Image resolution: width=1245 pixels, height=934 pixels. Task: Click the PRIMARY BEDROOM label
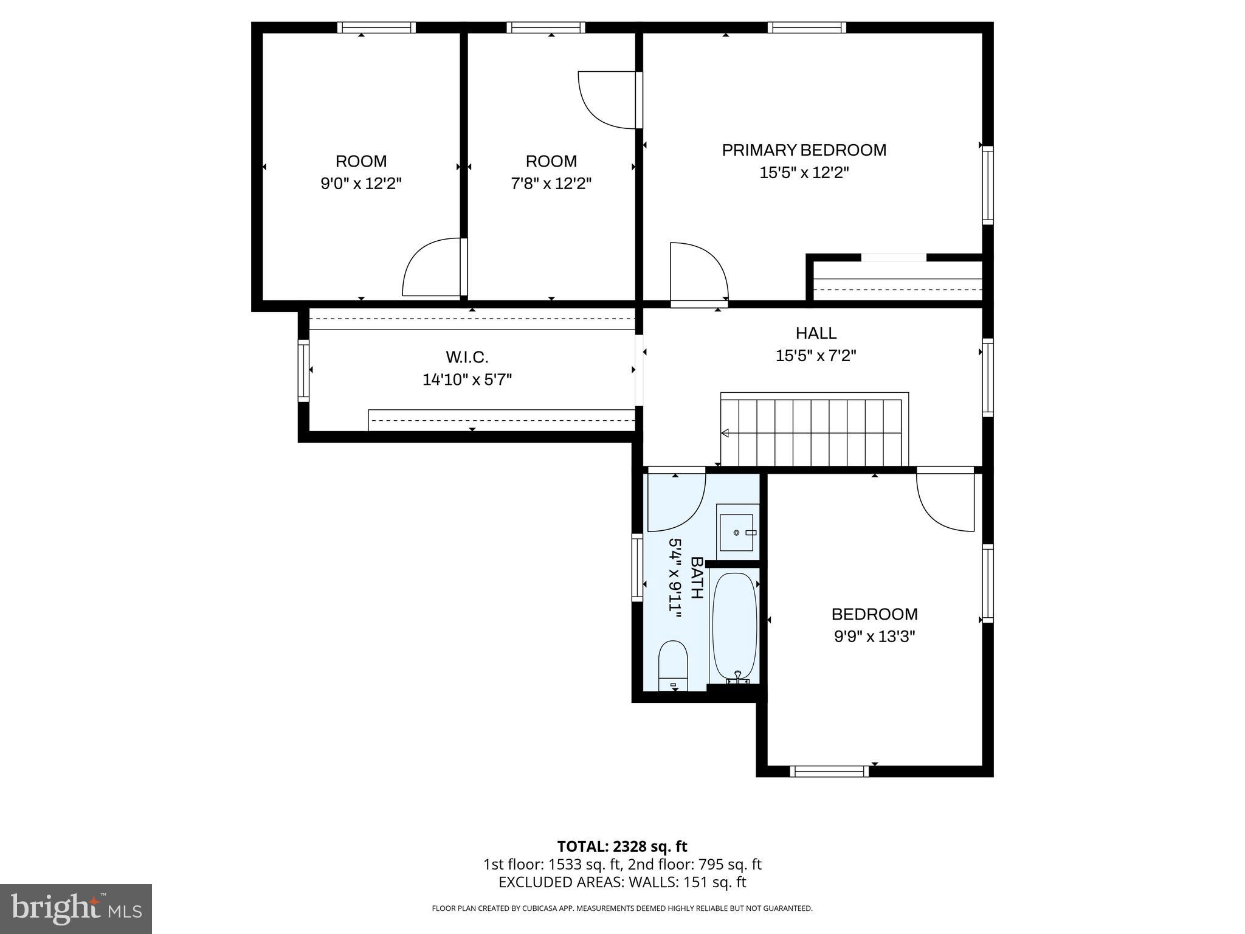[804, 150]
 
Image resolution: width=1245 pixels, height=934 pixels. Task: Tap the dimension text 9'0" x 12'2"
[361, 184]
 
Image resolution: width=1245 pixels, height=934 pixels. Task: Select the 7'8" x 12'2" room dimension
[551, 184]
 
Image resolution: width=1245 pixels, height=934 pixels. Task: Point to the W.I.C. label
[467, 357]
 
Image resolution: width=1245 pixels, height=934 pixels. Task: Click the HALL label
[816, 333]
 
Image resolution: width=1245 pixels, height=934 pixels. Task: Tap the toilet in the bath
[673, 666]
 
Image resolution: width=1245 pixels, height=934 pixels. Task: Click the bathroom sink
[737, 533]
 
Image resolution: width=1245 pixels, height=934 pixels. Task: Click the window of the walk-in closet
[303, 370]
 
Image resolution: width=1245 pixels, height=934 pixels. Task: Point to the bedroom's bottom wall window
[829, 771]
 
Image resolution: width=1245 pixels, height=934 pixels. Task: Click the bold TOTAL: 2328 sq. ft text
[622, 846]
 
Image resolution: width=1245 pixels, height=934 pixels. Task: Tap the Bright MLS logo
[76, 909]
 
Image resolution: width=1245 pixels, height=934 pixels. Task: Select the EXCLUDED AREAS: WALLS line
[622, 882]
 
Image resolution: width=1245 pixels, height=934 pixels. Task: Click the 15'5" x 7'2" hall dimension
[816, 356]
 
